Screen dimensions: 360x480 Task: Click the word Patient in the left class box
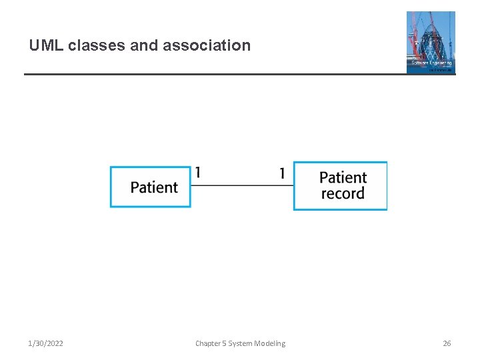tap(154, 187)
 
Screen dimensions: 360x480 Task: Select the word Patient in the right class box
tap(343, 177)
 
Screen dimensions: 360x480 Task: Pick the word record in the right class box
tap(343, 194)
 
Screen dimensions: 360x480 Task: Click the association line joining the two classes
tap(242, 185)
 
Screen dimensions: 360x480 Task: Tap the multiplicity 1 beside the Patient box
tap(198, 173)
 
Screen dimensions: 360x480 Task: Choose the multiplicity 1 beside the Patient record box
tap(282, 173)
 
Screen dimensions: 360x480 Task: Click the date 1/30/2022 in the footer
tap(46, 343)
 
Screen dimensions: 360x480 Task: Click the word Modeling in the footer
tap(270, 343)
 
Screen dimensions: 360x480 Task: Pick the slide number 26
tap(447, 343)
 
